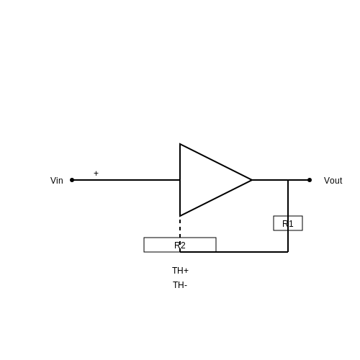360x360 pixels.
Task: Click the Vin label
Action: coord(57,181)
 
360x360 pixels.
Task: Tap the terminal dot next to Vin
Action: coord(72,180)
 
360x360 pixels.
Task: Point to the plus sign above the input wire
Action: coord(96,174)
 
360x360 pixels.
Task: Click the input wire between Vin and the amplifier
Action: coord(126,180)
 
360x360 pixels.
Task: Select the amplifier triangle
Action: coord(204,180)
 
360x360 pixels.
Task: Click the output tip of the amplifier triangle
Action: coord(252,180)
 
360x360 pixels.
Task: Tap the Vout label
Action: coord(333,181)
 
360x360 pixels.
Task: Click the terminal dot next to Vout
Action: coord(310,180)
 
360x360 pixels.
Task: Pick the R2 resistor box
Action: coord(145,245)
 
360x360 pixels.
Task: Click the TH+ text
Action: coord(180,271)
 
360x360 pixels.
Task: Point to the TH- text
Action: coord(180,285)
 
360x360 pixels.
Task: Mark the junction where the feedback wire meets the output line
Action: coord(288,180)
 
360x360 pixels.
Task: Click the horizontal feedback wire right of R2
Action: coord(252,252)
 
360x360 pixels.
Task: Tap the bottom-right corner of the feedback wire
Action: coord(288,252)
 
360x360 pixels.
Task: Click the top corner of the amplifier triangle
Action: coord(180,144)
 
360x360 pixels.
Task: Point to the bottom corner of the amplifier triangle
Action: coord(180,216)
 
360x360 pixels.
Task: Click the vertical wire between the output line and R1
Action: coord(288,198)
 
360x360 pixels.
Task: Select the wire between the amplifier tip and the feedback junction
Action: coord(270,180)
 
